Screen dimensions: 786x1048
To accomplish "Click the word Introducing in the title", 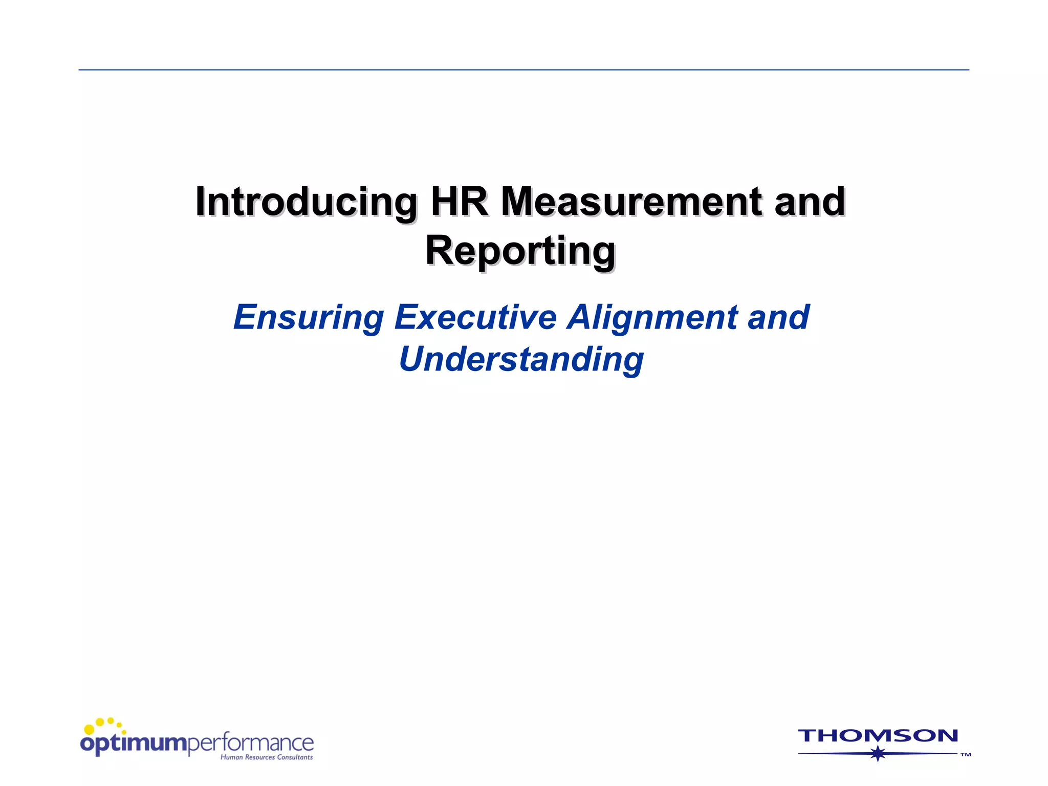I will point(306,203).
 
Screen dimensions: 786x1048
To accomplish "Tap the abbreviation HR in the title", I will point(459,202).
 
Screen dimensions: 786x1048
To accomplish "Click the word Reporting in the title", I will point(520,251).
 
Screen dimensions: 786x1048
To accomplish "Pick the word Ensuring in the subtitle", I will point(309,318).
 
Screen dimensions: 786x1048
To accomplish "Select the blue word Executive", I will point(475,317).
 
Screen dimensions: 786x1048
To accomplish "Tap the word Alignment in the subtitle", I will point(652,318).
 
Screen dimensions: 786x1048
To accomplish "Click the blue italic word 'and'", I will point(778,317).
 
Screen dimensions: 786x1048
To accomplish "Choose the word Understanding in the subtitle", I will point(521,359).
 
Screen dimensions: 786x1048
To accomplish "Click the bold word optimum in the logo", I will point(134,744).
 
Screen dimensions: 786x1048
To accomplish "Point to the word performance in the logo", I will point(251,743).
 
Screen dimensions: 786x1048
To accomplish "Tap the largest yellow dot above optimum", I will point(89,729).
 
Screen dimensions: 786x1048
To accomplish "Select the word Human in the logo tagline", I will point(231,757).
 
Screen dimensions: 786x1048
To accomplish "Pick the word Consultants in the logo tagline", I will point(295,757).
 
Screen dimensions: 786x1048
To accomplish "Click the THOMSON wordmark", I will point(878,736).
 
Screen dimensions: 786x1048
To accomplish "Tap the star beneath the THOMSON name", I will point(878,753).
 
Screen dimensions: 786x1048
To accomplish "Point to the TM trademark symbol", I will point(965,755).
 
